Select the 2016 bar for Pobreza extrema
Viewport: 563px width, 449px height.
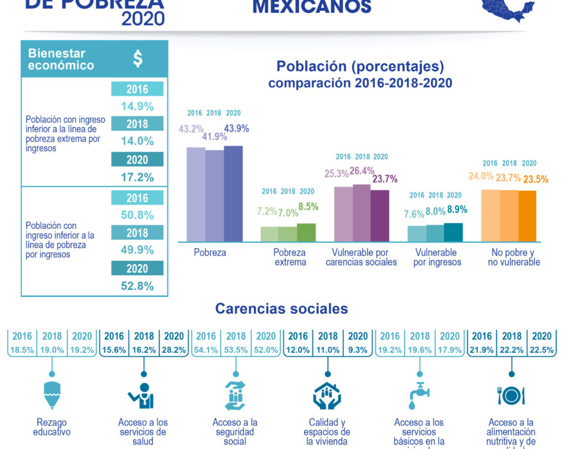tap(269, 234)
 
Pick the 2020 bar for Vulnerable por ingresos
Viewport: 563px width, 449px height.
tap(453, 232)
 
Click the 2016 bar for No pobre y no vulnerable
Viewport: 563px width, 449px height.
tap(491, 216)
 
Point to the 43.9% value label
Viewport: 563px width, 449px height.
tap(236, 129)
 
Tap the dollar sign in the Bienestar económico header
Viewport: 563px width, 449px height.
tap(138, 60)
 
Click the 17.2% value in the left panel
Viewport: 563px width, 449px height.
tap(137, 177)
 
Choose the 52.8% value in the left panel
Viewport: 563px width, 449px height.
tap(137, 286)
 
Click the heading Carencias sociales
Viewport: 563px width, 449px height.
tap(281, 309)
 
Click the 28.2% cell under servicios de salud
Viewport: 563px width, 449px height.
tap(174, 351)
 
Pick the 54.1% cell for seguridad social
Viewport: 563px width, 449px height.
tap(206, 351)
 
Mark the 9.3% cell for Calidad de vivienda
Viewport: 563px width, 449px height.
tap(357, 351)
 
